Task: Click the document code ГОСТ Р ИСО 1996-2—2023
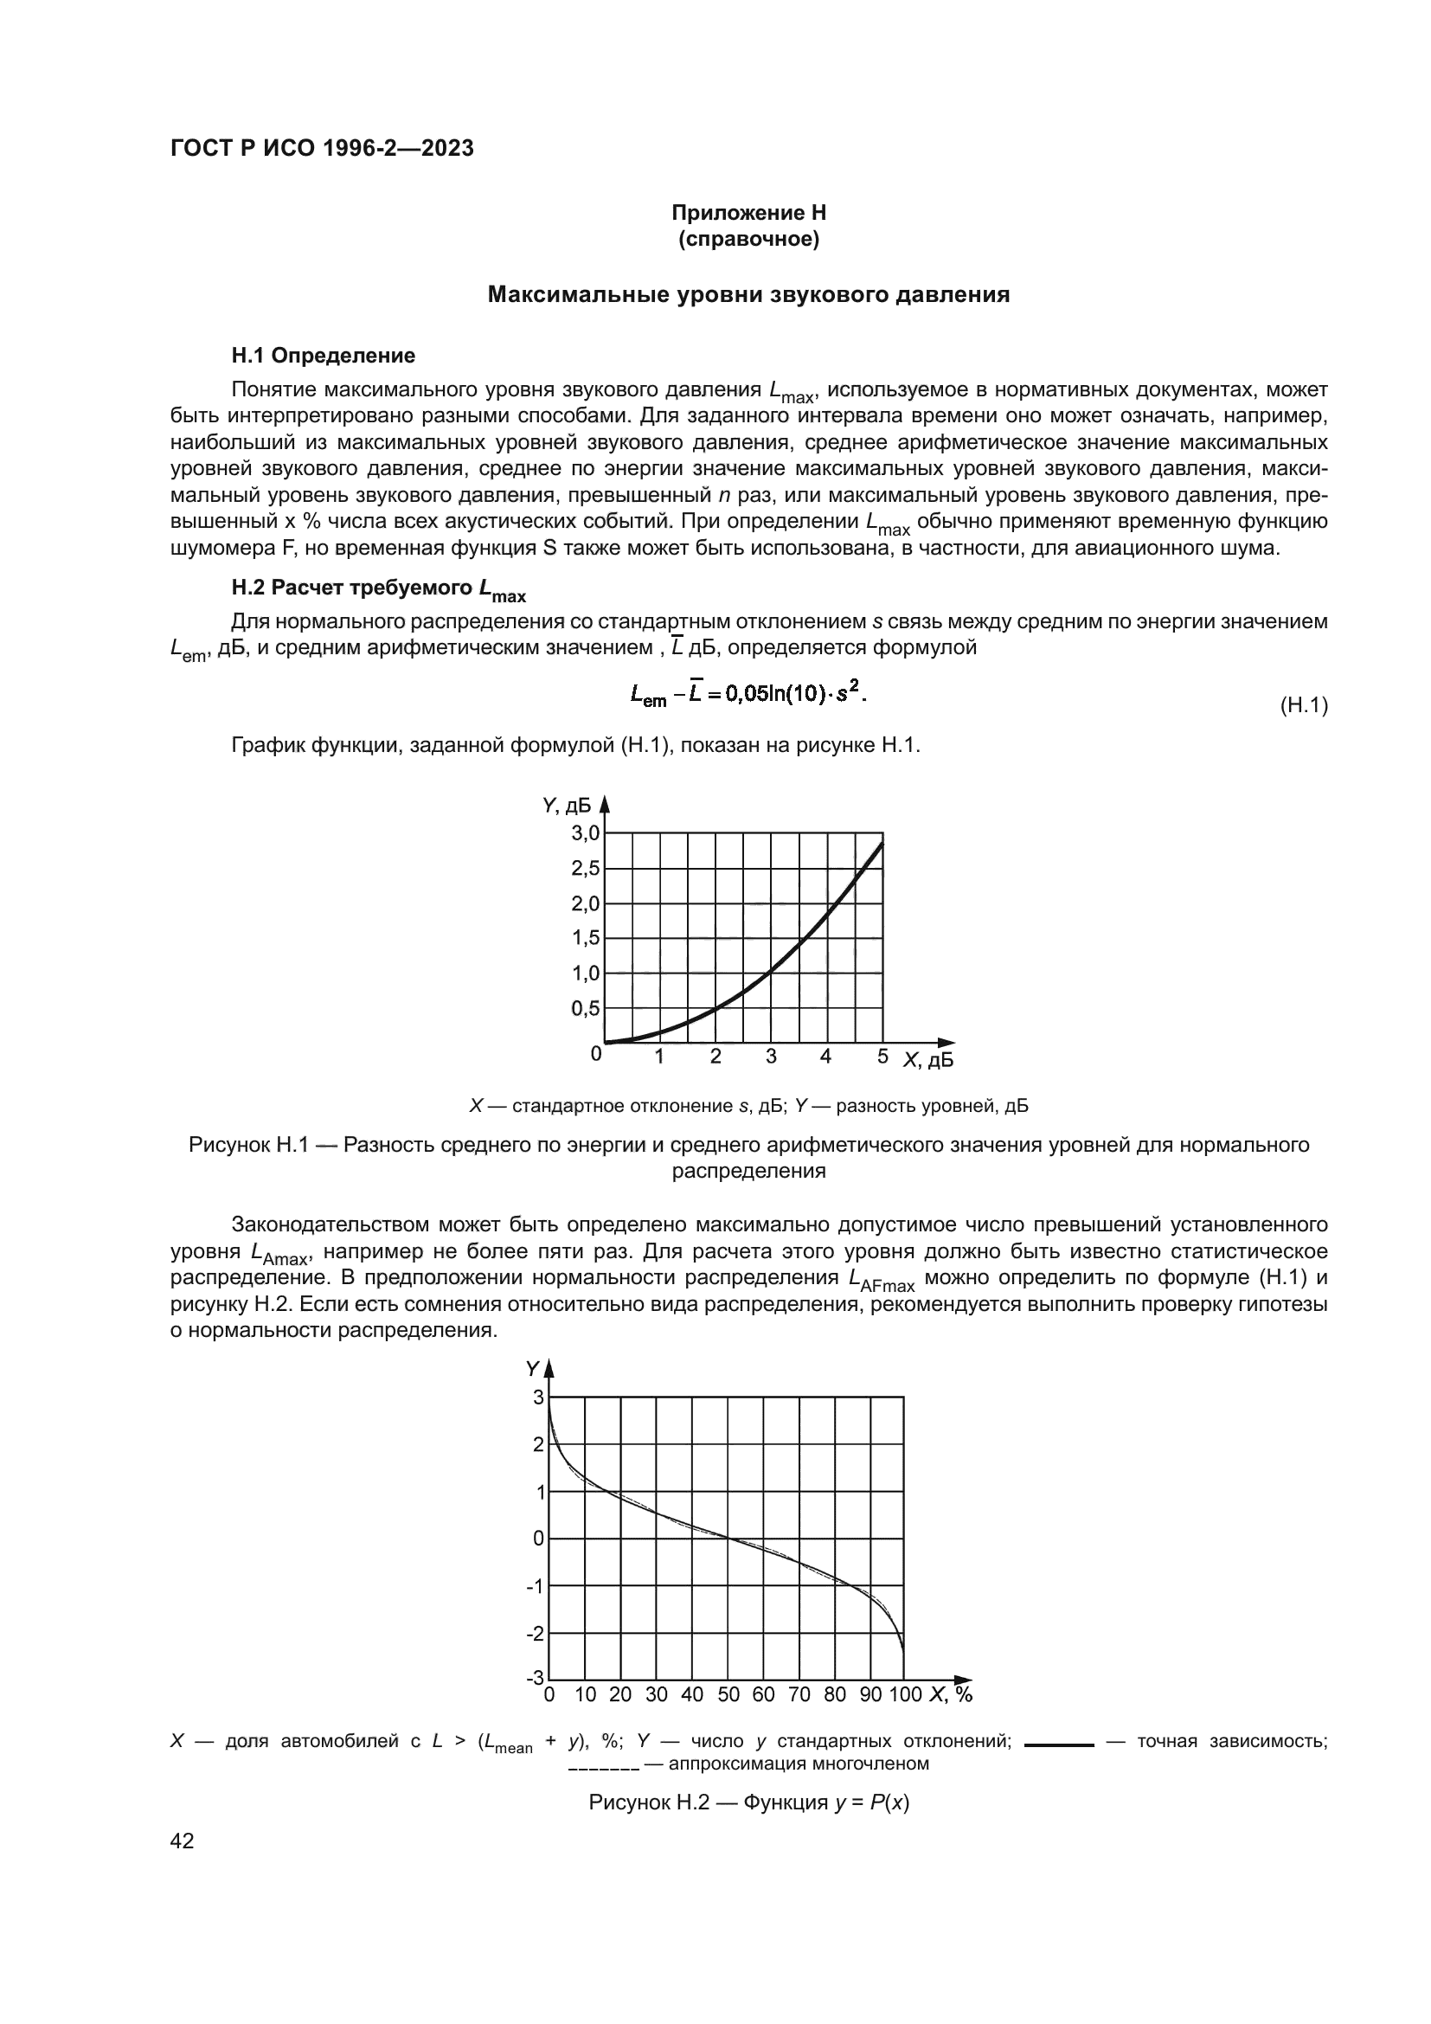tap(322, 148)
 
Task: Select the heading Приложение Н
tap(748, 213)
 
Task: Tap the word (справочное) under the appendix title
tap(748, 239)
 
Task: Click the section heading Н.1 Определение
tap(323, 356)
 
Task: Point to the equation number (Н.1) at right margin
tap(1303, 705)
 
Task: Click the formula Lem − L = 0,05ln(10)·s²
tap(748, 696)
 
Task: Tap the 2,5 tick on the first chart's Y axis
tap(585, 868)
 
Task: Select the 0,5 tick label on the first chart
tap(585, 1008)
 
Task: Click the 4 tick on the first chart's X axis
tap(825, 1056)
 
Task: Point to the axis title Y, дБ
tap(567, 805)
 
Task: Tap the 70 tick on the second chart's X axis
tap(799, 1694)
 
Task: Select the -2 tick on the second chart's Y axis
tap(535, 1634)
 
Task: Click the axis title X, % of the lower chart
tap(951, 1694)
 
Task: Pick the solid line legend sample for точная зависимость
tap(1059, 1744)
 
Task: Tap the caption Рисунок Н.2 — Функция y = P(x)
tap(748, 1802)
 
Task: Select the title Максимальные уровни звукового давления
tap(748, 294)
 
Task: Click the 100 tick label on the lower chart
tap(905, 1694)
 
